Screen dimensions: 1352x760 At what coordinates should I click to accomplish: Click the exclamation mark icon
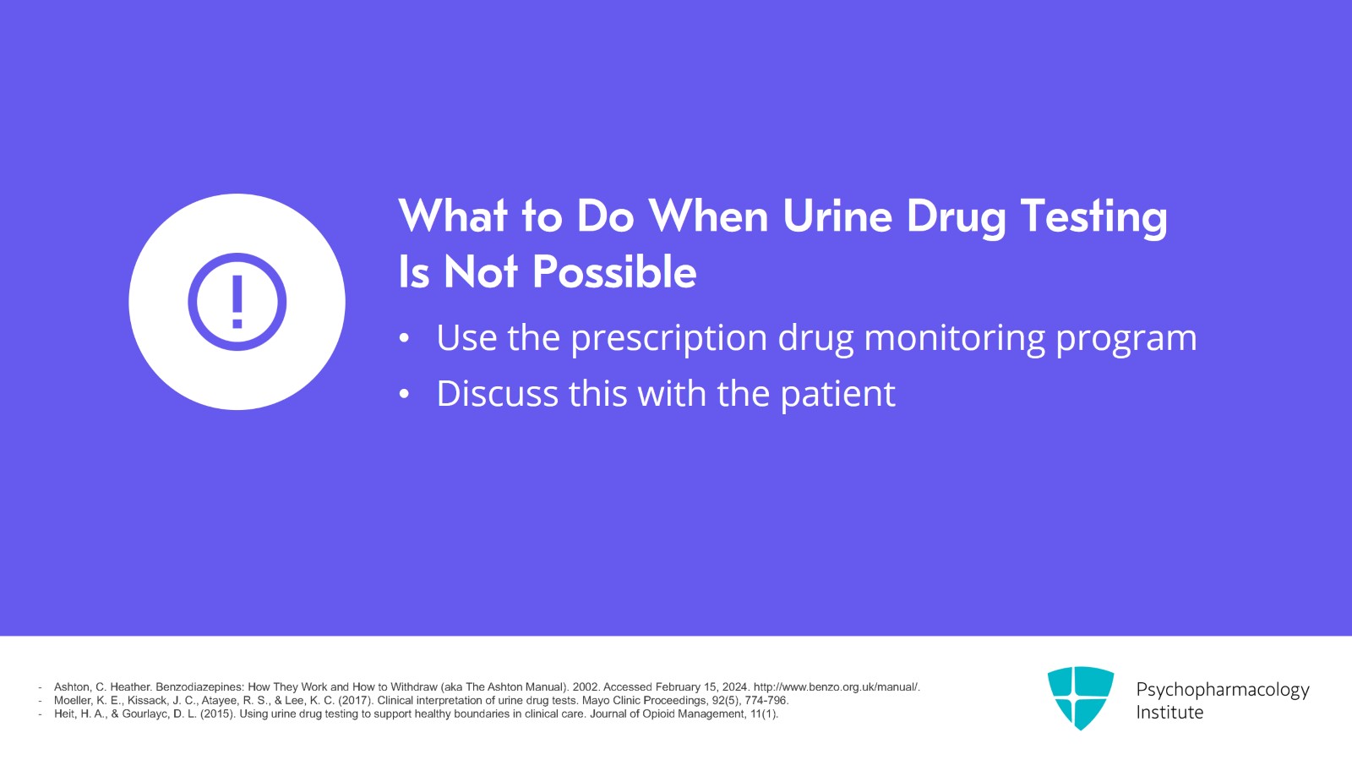coord(237,302)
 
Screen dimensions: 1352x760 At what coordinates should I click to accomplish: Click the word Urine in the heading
coord(837,216)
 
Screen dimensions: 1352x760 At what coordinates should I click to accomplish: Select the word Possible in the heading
coord(614,271)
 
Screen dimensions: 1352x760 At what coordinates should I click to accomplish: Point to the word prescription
coord(668,339)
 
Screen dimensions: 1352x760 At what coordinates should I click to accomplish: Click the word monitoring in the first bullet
coord(954,339)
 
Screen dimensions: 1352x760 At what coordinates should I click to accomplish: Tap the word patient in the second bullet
coord(837,395)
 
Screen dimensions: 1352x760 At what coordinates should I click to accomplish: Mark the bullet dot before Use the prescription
coord(405,339)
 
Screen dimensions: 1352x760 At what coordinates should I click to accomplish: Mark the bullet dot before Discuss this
coord(405,395)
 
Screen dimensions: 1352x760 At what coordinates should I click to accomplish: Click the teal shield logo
coord(1081,697)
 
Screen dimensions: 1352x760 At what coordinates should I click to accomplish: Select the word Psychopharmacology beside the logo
coord(1223,690)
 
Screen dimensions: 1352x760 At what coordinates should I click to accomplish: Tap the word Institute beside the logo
coord(1169,713)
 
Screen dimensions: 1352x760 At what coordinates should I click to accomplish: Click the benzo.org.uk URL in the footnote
coord(837,687)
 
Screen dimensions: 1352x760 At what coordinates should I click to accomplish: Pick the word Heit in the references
coord(63,714)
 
